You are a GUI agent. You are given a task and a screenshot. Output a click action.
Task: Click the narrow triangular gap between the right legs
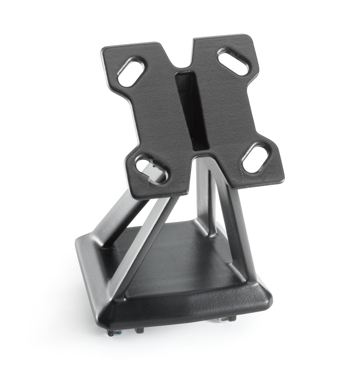click(208, 208)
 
